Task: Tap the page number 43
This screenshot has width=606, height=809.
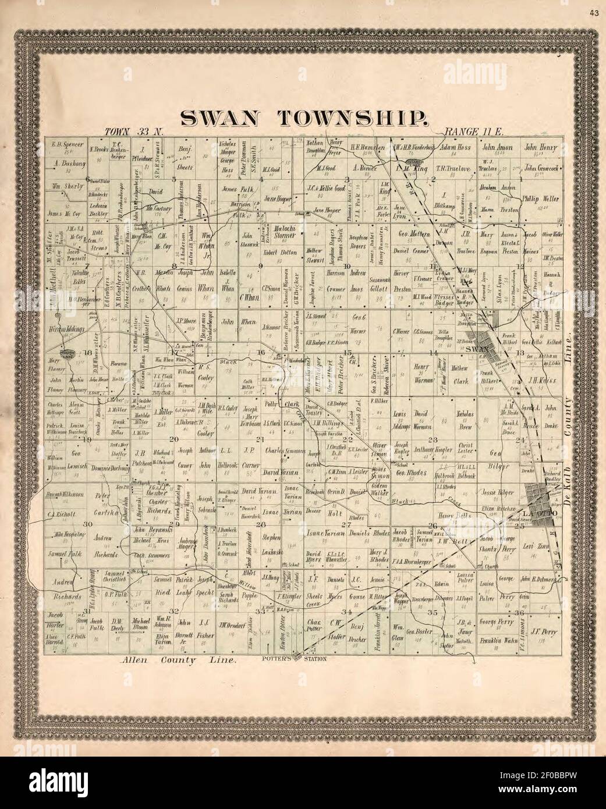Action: [x=593, y=11]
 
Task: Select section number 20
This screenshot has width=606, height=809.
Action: [x=173, y=439]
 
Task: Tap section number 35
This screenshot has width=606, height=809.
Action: [x=433, y=612]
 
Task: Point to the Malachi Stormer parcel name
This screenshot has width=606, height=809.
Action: [x=281, y=233]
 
